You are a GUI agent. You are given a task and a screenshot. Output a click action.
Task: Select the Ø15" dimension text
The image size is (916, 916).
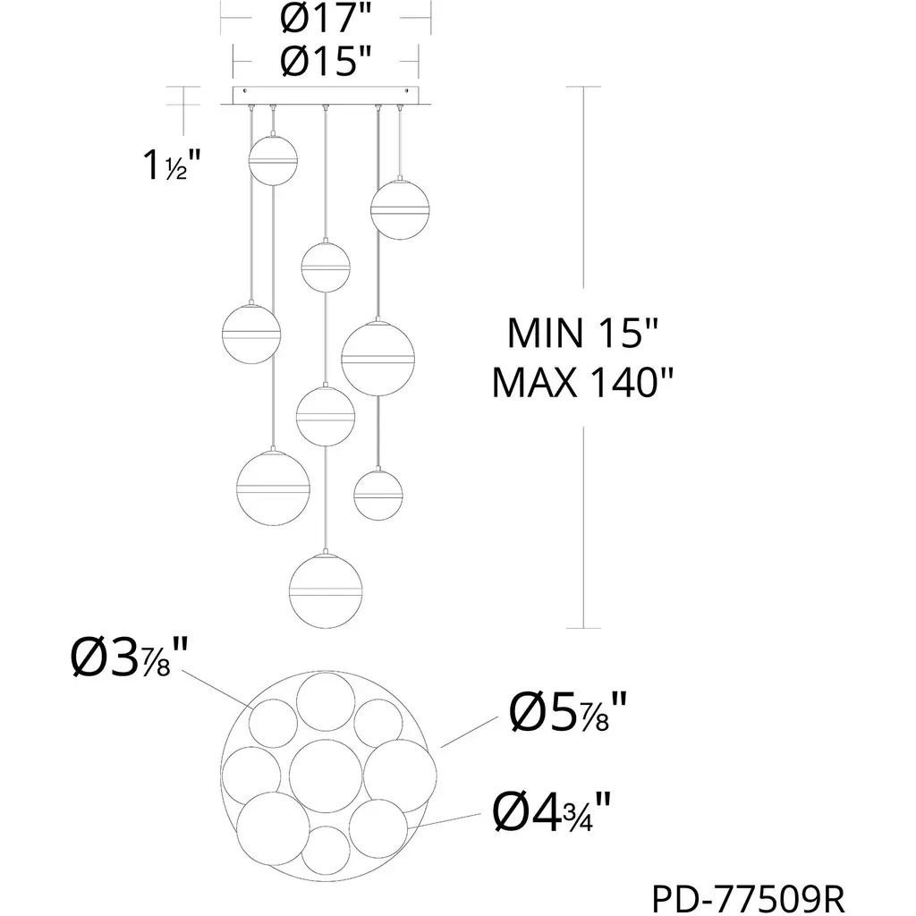(326, 60)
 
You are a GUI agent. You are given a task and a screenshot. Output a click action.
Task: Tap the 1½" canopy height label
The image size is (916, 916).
(172, 165)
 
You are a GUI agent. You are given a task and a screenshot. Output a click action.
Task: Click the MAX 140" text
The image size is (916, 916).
(582, 383)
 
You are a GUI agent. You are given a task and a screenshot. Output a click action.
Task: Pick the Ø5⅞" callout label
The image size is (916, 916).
(568, 711)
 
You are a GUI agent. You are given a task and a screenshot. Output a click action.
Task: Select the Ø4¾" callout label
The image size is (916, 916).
(552, 811)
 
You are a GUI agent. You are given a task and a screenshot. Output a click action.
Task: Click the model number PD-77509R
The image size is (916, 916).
(749, 899)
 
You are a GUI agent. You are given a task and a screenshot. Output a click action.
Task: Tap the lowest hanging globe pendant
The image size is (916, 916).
(326, 590)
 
